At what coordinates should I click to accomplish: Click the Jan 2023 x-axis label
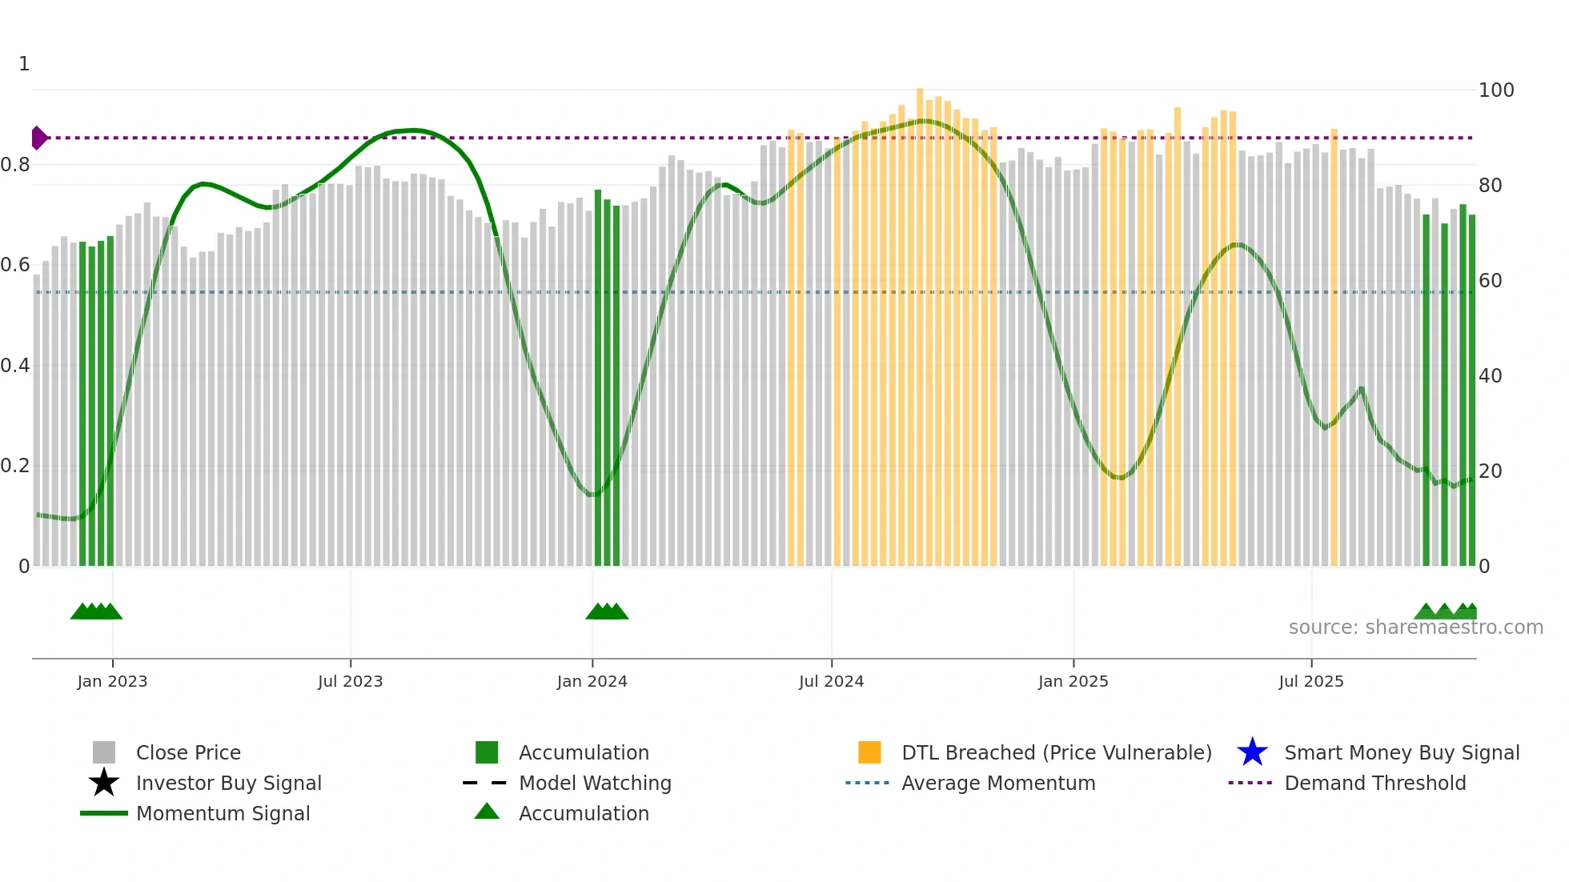click(112, 681)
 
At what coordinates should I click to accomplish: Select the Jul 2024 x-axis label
click(831, 681)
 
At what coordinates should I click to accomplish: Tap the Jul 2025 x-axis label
click(1310, 681)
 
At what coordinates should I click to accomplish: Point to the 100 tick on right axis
click(1495, 90)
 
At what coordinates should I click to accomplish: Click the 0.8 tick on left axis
click(15, 165)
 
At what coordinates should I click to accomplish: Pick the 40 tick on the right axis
click(1490, 375)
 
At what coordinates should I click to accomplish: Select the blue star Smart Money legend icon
click(1252, 752)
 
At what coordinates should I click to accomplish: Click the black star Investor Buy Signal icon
click(104, 783)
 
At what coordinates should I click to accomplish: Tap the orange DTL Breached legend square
click(869, 752)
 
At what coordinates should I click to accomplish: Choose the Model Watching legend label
click(595, 783)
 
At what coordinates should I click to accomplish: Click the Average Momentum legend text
click(998, 783)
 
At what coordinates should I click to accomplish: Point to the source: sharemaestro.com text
click(1415, 627)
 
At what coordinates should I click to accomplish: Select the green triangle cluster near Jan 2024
click(607, 611)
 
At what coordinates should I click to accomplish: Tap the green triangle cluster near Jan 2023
click(96, 611)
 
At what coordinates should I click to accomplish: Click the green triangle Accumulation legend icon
click(487, 812)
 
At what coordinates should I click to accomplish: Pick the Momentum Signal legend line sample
click(104, 813)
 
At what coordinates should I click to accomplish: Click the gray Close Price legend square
click(104, 752)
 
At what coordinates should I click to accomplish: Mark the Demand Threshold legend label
click(1374, 783)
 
